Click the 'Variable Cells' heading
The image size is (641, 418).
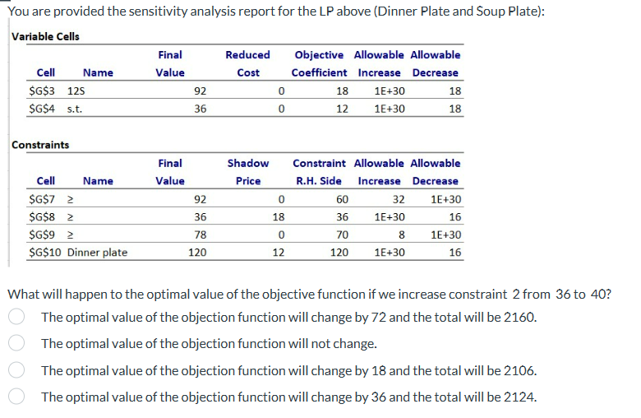tap(45, 36)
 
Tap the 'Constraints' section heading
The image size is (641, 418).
tap(40, 145)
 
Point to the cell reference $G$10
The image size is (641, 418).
tap(44, 252)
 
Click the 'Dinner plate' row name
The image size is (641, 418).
tap(97, 252)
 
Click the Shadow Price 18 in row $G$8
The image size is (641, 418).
tap(278, 217)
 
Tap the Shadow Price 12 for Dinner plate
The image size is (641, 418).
tap(278, 252)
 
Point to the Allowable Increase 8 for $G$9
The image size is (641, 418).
tap(401, 235)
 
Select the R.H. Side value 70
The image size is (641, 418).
tap(342, 235)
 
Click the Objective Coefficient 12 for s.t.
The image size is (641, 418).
tap(342, 108)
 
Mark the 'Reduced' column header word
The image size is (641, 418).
tap(247, 55)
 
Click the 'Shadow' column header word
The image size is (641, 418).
tap(247, 164)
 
